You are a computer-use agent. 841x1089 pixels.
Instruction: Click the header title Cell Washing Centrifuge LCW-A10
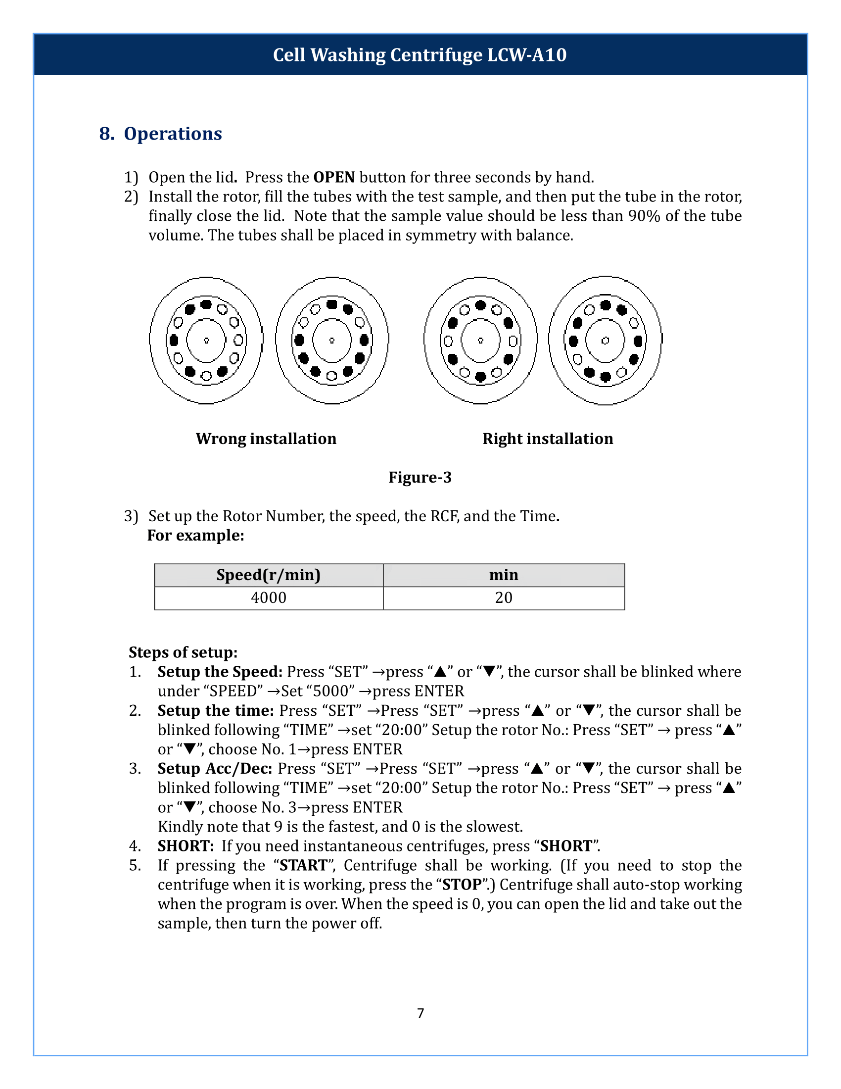coord(420,55)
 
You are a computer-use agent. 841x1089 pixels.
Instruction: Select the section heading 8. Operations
coord(160,134)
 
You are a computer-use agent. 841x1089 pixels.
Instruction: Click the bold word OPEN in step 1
coord(334,177)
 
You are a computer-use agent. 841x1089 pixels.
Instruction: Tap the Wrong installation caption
coord(266,438)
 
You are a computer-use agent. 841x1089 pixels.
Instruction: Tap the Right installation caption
coord(548,438)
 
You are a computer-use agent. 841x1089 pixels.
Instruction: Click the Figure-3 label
coord(420,477)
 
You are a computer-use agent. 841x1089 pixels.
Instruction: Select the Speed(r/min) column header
coord(269,575)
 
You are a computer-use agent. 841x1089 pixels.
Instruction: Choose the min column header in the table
coord(504,575)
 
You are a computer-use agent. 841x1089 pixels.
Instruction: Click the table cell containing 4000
coord(269,597)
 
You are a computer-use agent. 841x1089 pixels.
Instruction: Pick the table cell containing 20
coord(504,597)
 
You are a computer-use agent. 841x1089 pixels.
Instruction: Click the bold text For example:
coord(196,535)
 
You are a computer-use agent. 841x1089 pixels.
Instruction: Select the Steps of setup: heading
coord(183,652)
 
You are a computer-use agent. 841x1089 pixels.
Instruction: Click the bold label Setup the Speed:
coord(220,672)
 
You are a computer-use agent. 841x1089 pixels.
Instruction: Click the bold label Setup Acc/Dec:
coord(215,768)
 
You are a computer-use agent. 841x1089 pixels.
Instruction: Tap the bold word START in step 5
coord(303,865)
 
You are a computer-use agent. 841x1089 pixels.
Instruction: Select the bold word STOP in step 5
coord(462,885)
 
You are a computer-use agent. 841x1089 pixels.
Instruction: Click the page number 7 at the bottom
coord(420,1013)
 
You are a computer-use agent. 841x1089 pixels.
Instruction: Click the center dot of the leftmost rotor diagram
coord(206,341)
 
